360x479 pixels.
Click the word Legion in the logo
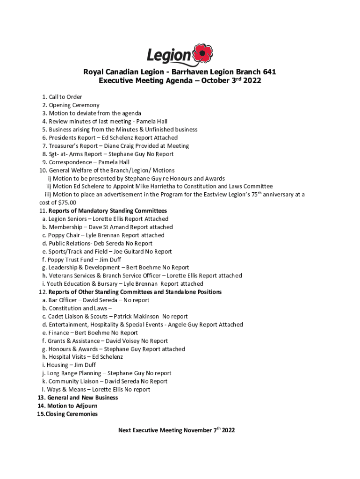tap(169, 56)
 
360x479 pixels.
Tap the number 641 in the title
tap(267, 72)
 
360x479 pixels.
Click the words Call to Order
tap(65, 97)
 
